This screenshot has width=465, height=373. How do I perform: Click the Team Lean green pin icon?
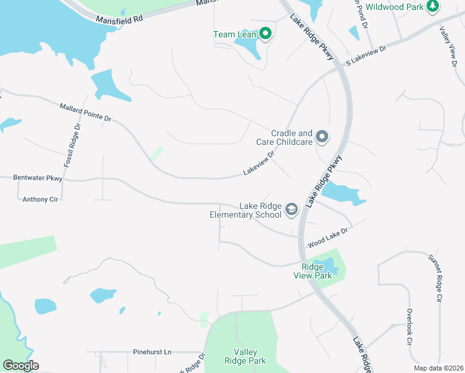click(x=265, y=34)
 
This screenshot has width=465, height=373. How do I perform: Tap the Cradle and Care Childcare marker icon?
click(x=321, y=136)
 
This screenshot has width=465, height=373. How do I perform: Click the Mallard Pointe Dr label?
click(x=85, y=113)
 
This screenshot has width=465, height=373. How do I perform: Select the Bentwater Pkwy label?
click(x=38, y=178)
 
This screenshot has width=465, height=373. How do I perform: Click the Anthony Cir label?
click(x=40, y=200)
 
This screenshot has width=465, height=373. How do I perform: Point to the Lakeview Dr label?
click(x=259, y=163)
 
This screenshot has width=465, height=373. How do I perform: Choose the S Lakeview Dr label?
click(x=366, y=55)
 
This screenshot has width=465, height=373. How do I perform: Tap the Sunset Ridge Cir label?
click(x=434, y=278)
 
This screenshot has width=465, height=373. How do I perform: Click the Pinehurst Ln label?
click(x=152, y=352)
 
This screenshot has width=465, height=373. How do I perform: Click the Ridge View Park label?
click(x=316, y=271)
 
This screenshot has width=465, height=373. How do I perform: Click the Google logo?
click(x=21, y=366)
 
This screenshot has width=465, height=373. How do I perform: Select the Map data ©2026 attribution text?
click(x=438, y=368)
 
